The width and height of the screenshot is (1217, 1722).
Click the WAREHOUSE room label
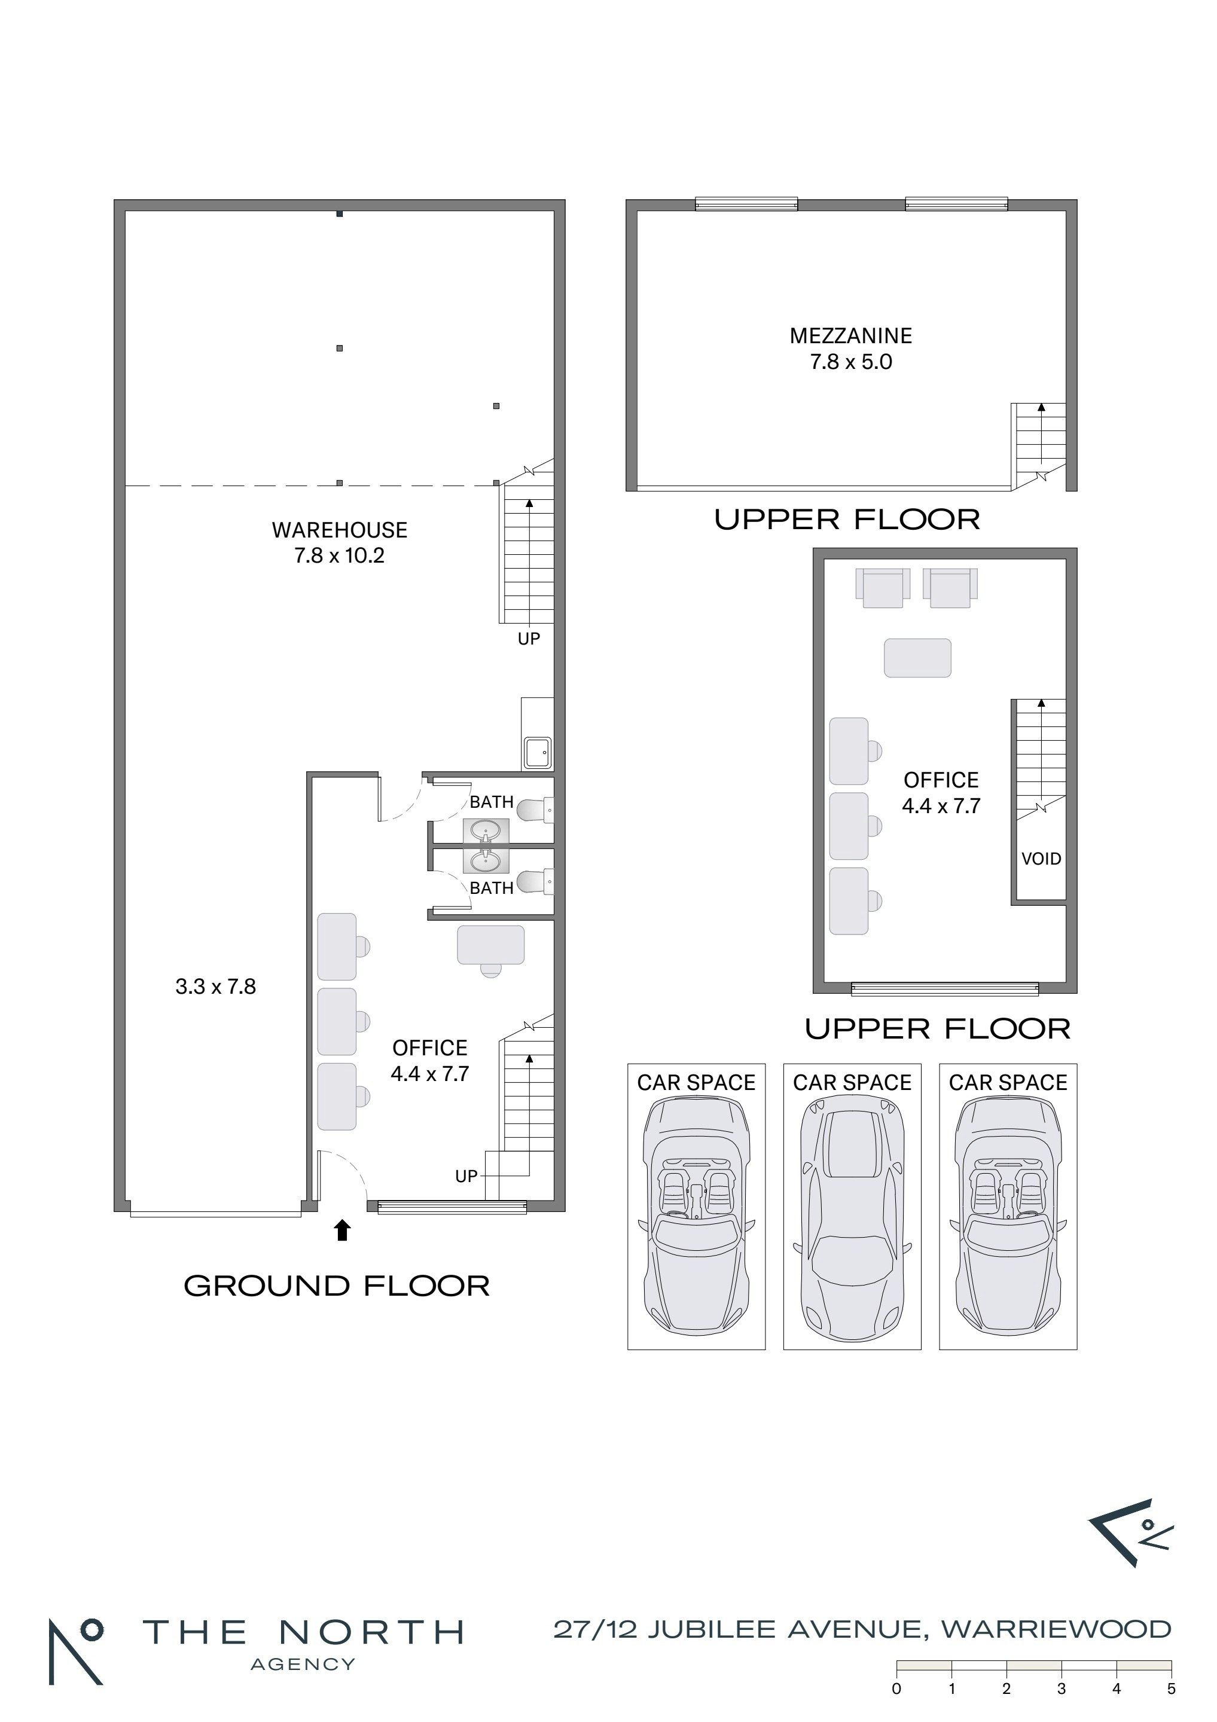[339, 530]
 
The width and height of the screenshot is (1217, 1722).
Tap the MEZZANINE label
[851, 336]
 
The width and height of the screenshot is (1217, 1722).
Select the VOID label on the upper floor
[1041, 859]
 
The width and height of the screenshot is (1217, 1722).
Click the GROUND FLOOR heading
[337, 1286]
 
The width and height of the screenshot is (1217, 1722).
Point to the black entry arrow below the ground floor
[342, 1230]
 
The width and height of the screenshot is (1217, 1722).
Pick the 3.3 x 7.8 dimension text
[216, 987]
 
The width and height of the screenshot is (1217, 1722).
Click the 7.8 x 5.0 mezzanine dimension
[851, 362]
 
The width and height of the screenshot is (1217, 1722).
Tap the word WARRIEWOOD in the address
[1057, 1629]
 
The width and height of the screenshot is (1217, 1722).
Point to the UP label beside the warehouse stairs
[529, 639]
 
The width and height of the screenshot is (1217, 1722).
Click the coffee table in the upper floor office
[917, 658]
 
